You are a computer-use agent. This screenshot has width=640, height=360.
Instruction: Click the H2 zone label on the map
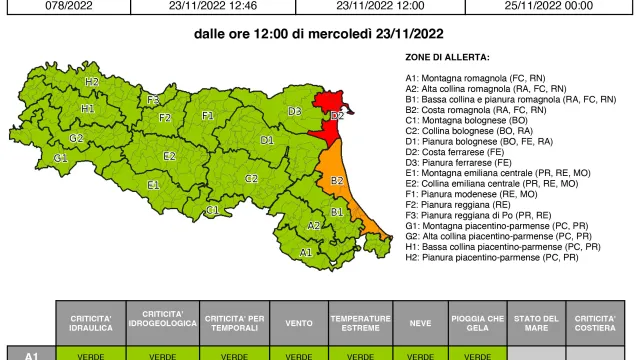point(92,81)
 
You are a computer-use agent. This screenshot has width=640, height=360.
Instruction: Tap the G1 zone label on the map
point(61,158)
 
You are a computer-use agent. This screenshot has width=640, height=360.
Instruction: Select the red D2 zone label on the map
point(337,116)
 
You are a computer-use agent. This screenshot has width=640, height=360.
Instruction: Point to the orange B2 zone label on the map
point(337,181)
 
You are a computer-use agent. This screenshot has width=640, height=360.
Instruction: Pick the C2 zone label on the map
point(252,178)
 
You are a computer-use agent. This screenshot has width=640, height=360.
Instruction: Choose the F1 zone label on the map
point(208,116)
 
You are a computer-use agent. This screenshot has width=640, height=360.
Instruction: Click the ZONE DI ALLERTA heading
point(447,58)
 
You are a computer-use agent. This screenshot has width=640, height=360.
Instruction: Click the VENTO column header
point(298,321)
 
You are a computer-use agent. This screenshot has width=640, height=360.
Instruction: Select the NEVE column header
point(420,321)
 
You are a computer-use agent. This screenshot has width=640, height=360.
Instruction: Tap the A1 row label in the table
point(31,354)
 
